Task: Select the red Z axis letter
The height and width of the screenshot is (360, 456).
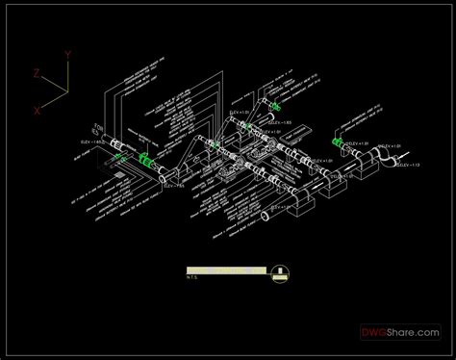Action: coord(36,74)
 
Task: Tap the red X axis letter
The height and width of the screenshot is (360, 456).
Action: coord(38,111)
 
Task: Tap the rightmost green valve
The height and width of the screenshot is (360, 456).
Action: coord(337,141)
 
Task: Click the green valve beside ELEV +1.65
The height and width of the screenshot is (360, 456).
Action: coord(274,107)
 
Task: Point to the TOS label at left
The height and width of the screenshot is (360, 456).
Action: coord(97,126)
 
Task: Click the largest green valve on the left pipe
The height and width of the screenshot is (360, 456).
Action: coord(146,160)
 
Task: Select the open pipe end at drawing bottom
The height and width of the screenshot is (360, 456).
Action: coord(266,222)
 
